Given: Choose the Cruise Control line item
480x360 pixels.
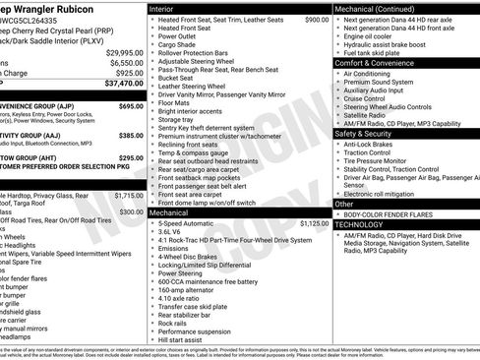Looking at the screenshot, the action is pos(365,98).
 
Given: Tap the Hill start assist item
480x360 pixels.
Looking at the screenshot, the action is pos(182,339).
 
